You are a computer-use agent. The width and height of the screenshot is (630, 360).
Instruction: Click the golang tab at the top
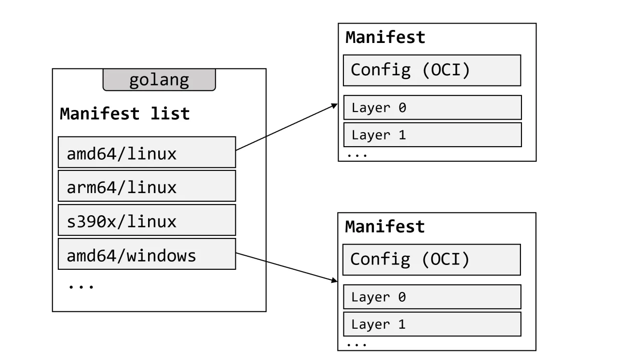pyautogui.click(x=159, y=80)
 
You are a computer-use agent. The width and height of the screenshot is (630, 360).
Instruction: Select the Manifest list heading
pyautogui.click(x=124, y=114)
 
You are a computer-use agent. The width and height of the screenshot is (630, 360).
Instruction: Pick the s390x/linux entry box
pyautogui.click(x=147, y=220)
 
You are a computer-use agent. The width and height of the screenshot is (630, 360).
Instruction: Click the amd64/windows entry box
pyautogui.click(x=147, y=254)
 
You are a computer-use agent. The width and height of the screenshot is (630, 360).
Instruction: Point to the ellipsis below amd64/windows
pyautogui.click(x=81, y=286)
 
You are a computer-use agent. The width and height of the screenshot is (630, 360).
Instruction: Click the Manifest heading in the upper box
pyautogui.click(x=385, y=38)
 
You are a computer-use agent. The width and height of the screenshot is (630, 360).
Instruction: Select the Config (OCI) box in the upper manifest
pyautogui.click(x=432, y=70)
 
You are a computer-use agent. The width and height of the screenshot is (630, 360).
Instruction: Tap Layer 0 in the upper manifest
pyautogui.click(x=432, y=108)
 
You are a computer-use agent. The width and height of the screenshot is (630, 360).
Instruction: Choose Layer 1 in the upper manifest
pyautogui.click(x=432, y=135)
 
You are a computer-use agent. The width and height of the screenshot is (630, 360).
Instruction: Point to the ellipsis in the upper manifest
pyautogui.click(x=356, y=155)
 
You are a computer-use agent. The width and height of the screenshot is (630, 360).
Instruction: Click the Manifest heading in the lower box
pyautogui.click(x=385, y=227)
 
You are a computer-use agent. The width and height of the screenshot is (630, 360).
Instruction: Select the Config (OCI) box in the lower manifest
pyautogui.click(x=431, y=259)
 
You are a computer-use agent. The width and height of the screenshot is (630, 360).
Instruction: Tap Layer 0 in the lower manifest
pyautogui.click(x=432, y=297)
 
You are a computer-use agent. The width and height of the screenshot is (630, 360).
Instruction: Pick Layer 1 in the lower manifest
pyautogui.click(x=432, y=324)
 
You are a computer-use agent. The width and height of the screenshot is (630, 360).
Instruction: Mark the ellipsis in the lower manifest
pyautogui.click(x=356, y=345)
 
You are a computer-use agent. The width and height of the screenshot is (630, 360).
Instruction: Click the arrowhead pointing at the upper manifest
pyautogui.click(x=333, y=106)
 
